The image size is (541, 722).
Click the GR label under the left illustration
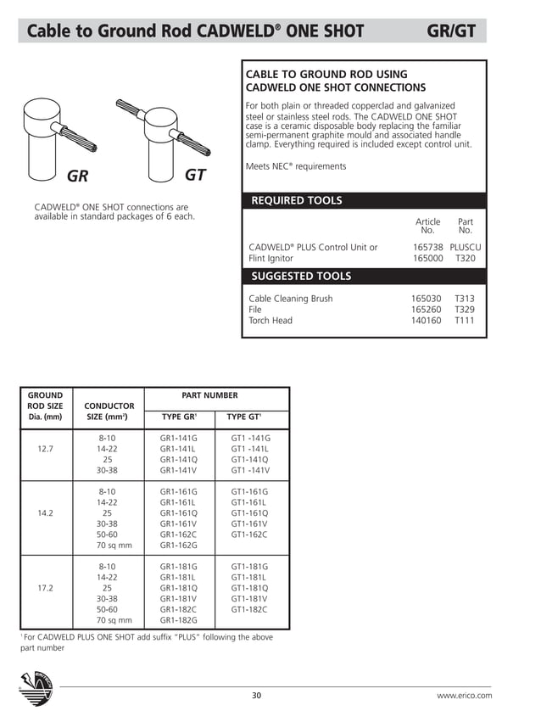coord(78,176)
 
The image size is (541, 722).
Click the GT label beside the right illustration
coord(196,176)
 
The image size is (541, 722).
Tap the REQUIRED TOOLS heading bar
coord(365,201)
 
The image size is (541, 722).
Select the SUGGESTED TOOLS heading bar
coord(365,276)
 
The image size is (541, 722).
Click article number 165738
coord(427,247)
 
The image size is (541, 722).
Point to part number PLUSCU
coord(465,247)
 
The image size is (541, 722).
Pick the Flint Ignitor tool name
coord(270,258)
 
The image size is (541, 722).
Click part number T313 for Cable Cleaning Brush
coord(465,299)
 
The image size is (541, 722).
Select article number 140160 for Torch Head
coord(427,321)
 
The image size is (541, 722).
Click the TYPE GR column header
coord(179,417)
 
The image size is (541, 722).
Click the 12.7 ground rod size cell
coord(45,449)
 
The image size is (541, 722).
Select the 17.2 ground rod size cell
coord(45,587)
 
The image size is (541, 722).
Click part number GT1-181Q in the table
coord(249,587)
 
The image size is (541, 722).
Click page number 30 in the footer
coord(257,696)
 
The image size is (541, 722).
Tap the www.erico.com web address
coord(464,696)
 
